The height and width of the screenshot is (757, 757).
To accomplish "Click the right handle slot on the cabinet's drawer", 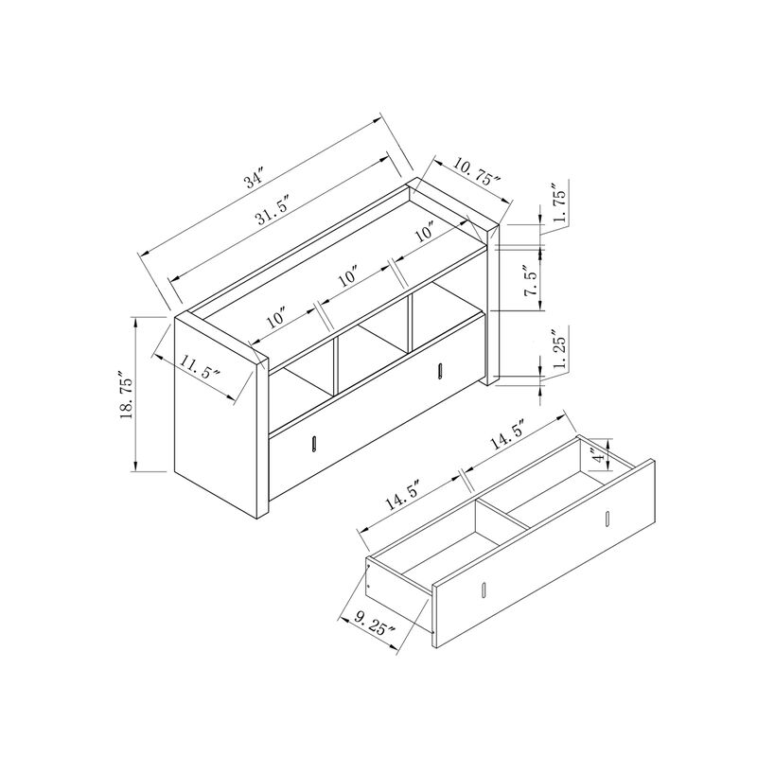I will coord(440,370).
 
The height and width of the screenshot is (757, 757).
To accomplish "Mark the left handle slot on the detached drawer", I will coord(482,590).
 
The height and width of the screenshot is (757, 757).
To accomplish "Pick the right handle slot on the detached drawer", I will coord(605,519).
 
